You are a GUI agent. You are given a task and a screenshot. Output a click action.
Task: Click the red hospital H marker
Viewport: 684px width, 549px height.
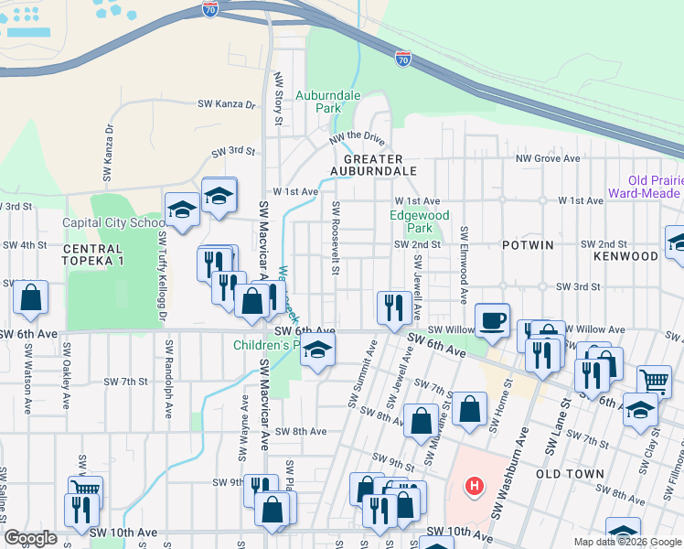click(473, 484)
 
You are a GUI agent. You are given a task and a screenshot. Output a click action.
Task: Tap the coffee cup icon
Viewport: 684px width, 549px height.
click(492, 320)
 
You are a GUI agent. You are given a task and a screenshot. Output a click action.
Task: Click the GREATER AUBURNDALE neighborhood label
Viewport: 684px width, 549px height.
click(380, 165)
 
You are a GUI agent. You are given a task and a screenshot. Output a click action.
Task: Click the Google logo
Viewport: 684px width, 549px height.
click(30, 538)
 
